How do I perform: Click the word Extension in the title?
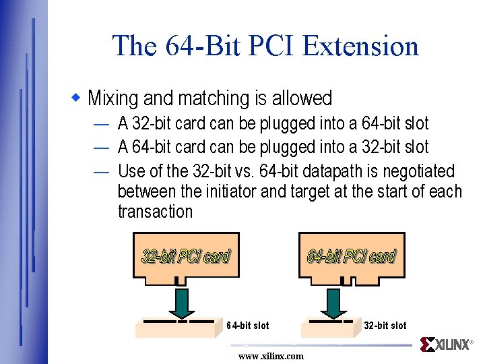(x=360, y=47)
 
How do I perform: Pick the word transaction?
(x=155, y=212)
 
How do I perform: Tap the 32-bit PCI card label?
(x=185, y=256)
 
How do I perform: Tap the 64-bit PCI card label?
(x=351, y=256)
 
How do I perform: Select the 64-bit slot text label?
(x=247, y=326)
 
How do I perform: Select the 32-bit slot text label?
(x=385, y=326)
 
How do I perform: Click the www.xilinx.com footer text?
(x=271, y=356)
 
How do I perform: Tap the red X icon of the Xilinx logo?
(x=427, y=344)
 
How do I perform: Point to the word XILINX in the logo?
(x=452, y=345)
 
